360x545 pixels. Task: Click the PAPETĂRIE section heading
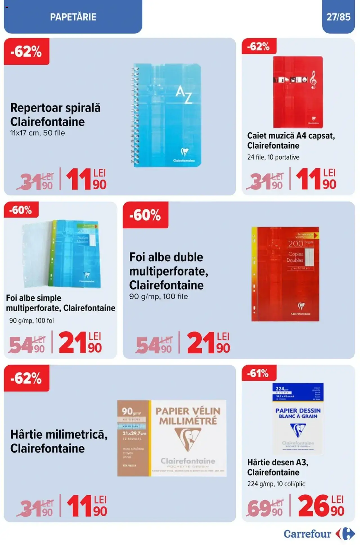73,17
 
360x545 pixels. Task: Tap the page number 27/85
338,17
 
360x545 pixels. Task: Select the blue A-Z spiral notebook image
168,115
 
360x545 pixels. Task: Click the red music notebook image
298,92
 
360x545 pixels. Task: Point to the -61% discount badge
258,373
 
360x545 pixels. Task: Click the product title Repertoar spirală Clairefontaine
55,115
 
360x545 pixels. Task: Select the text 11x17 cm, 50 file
37,133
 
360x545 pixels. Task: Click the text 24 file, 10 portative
273,157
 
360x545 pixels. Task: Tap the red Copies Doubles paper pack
285,274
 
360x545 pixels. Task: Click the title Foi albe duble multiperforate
168,271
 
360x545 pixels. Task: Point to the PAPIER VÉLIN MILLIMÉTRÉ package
172,438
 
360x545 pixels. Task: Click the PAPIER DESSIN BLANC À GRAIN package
298,418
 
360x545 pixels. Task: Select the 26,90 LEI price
321,506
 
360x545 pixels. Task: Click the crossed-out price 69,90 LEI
265,508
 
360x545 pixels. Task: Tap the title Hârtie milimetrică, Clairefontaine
59,441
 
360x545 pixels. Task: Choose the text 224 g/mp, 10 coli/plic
276,484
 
